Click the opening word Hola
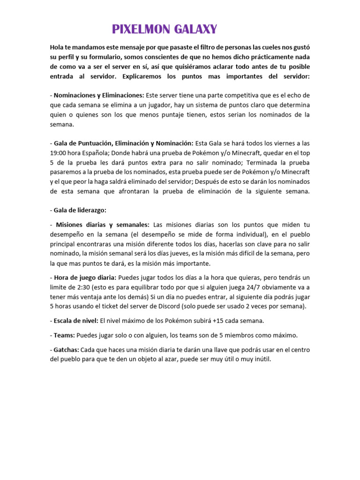pos(58,47)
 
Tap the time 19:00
pos(59,153)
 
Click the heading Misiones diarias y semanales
pos(103,225)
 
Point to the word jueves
pos(176,254)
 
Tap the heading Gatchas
pos(67,350)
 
